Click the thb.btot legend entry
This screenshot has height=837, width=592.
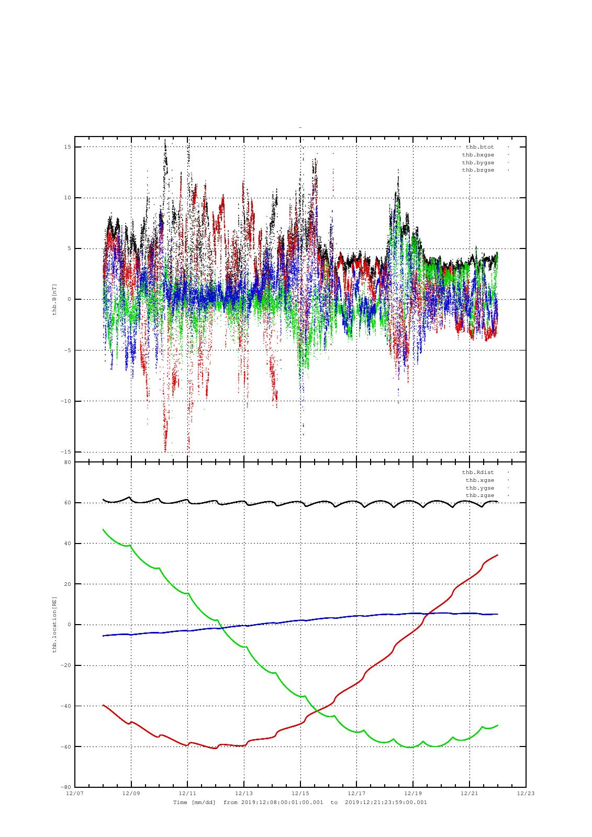coord(479,147)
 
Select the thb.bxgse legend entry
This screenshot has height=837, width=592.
coord(478,155)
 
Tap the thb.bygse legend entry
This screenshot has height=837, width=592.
coord(478,163)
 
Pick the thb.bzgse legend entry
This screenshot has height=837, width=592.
coord(478,171)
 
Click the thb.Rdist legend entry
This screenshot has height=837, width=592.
coord(478,472)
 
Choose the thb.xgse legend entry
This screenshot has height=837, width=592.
coord(479,480)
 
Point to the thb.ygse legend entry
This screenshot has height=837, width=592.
coord(479,488)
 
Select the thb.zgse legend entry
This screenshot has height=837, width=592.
coord(479,495)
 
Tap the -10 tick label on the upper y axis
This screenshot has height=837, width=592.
coord(66,401)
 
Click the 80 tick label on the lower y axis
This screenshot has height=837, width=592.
coord(68,462)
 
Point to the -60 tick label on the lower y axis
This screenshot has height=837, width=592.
coord(66,746)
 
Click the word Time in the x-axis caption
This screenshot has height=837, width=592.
coord(180,802)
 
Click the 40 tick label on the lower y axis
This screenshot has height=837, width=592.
coord(68,544)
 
